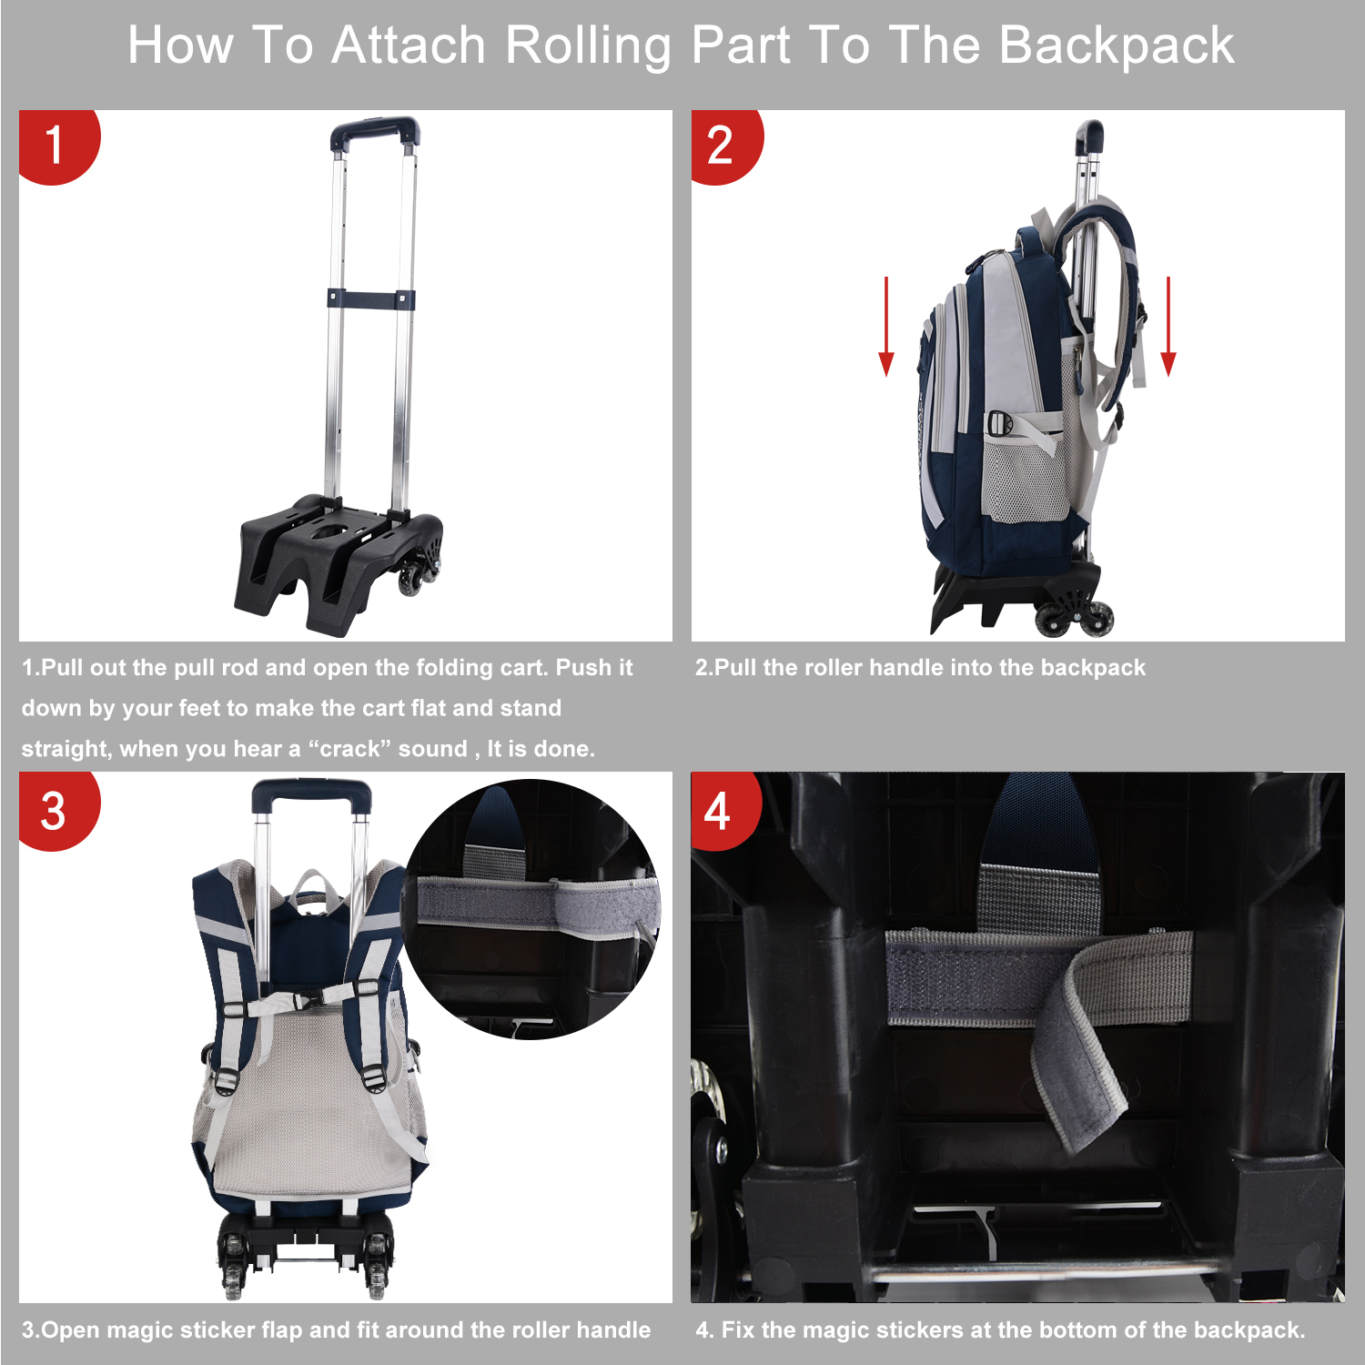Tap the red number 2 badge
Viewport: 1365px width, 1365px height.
coord(723,146)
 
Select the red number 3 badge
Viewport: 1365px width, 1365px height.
coord(55,810)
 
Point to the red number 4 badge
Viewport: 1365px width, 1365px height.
coord(722,810)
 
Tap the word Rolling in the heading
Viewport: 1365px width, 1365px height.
coord(587,45)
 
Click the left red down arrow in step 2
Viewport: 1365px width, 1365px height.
coord(885,328)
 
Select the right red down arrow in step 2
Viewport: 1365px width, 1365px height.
coord(1168,328)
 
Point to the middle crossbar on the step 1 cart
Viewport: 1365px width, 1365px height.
coord(371,298)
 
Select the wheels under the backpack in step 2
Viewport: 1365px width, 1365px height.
coord(1074,614)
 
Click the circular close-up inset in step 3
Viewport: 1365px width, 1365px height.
coord(532,910)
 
